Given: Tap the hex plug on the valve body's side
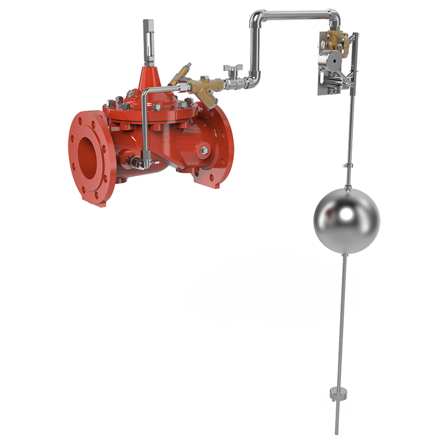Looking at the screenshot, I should [203, 151].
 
